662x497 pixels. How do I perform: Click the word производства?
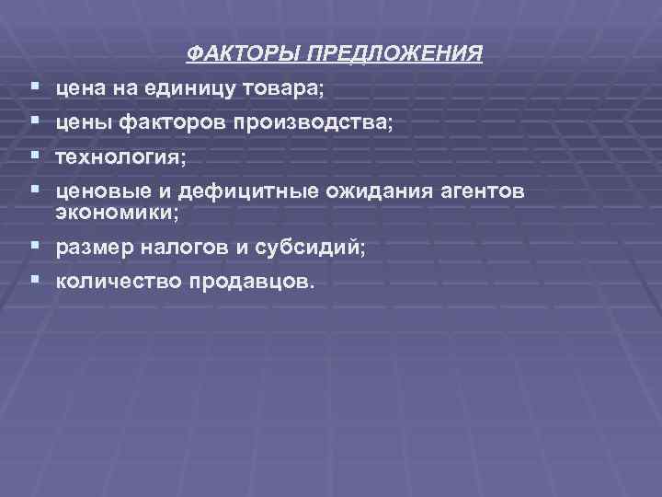[314, 123]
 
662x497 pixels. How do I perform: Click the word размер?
[89, 247]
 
